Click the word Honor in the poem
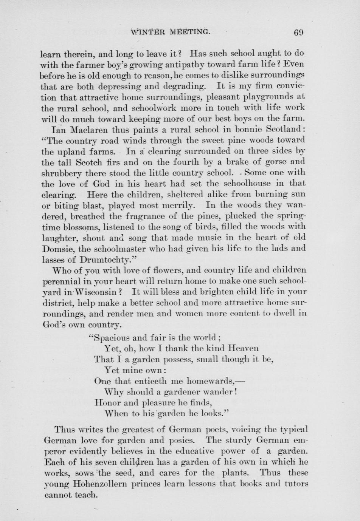click(107, 402)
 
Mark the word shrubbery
click(61, 173)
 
